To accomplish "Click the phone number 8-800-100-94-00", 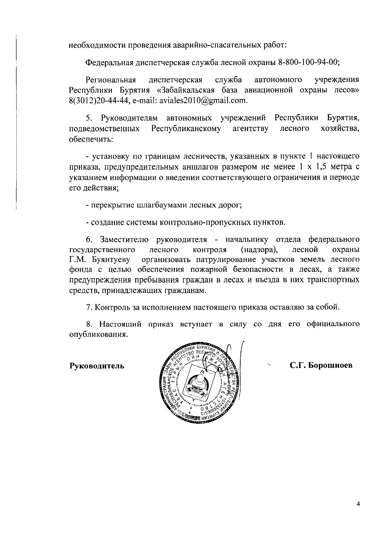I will [309, 62].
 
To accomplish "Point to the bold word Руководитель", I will [97, 366].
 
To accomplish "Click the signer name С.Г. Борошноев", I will [321, 365].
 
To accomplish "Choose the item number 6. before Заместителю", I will [89, 240].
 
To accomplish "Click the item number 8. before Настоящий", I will [89, 324].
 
